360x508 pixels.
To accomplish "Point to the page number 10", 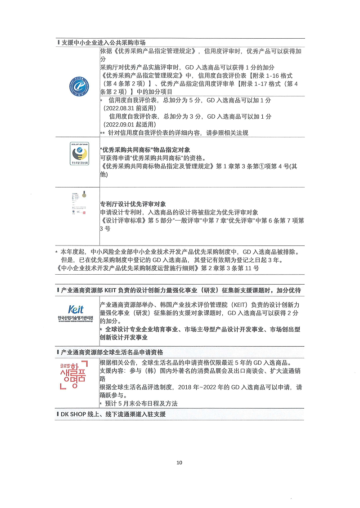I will tap(180, 463).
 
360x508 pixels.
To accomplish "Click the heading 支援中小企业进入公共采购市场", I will tap(103, 42).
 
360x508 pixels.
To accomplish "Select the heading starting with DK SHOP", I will tap(113, 414).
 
